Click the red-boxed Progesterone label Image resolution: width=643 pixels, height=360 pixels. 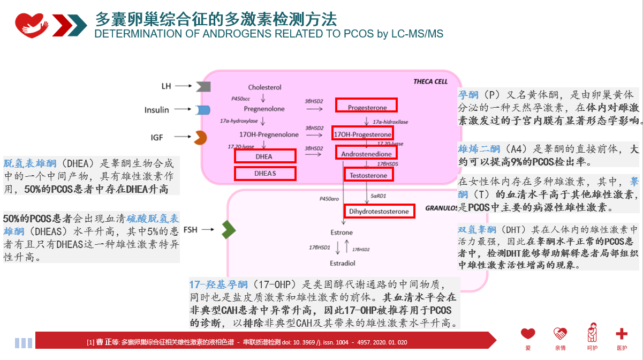pyautogui.click(x=366, y=105)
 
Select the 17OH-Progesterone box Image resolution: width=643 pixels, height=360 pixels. pyautogui.click(x=362, y=133)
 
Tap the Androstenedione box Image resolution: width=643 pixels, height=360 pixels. pyautogui.click(x=367, y=153)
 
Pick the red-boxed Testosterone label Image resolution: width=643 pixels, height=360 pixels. pyautogui.click(x=369, y=175)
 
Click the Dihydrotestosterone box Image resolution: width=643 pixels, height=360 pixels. pyautogui.click(x=379, y=211)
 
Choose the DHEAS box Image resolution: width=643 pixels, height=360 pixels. pyautogui.click(x=265, y=173)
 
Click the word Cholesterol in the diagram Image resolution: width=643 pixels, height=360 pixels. pyautogui.click(x=264, y=87)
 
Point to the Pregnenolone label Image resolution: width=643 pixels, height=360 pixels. pyautogui.click(x=264, y=109)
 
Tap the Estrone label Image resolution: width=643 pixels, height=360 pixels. pyautogui.click(x=342, y=232)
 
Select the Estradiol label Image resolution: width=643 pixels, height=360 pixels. pyautogui.click(x=342, y=264)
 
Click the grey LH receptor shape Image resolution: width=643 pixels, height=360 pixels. pyautogui.click(x=202, y=86)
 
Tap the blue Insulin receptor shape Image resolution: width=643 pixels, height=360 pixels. pyautogui.click(x=202, y=110)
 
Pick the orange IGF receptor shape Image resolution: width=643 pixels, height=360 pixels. pyautogui.click(x=200, y=138)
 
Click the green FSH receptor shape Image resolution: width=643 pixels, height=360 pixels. pyautogui.click(x=229, y=230)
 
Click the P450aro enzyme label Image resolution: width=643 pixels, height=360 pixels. pyautogui.click(x=330, y=199)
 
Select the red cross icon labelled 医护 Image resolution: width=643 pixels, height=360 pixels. pyautogui.click(x=621, y=334)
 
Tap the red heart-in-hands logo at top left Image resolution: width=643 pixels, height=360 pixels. pyautogui.click(x=32, y=22)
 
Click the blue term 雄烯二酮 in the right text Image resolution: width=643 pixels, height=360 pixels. pyautogui.click(x=479, y=148)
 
